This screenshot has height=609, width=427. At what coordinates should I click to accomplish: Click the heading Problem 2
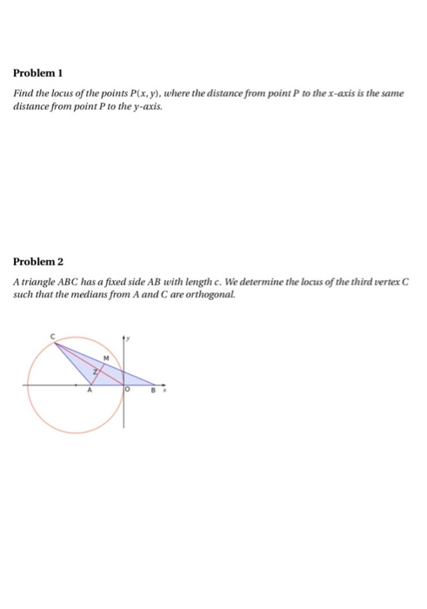(x=41, y=261)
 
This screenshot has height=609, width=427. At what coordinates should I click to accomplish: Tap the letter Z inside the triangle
(x=95, y=371)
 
